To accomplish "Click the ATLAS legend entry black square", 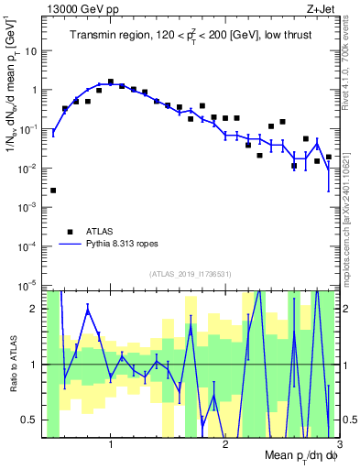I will (x=70, y=232).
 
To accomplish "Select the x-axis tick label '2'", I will (x=225, y=444).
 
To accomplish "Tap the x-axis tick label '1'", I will (x=110, y=444).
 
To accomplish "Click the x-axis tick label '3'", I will (x=339, y=444).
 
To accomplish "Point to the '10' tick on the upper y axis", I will (x=32, y=51).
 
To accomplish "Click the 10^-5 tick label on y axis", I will (x=30, y=287).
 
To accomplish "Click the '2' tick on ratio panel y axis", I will (x=37, y=309).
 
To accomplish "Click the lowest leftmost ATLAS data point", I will (x=53, y=191).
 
